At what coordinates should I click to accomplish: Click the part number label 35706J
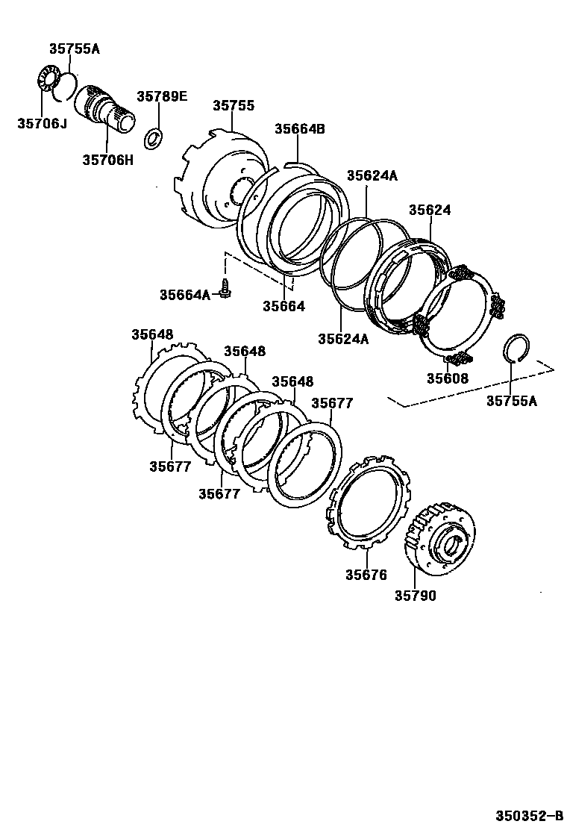click(42, 123)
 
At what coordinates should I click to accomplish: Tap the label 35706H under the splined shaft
click(107, 159)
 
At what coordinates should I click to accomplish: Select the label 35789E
click(162, 96)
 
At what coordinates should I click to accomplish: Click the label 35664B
click(300, 128)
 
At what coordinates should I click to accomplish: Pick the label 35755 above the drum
click(234, 106)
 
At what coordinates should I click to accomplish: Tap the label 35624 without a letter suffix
click(430, 210)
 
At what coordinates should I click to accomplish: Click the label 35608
click(448, 378)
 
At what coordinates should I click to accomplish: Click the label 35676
click(366, 575)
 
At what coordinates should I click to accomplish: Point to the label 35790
click(416, 596)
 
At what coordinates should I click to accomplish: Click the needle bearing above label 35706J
click(48, 84)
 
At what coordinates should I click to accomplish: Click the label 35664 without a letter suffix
click(283, 306)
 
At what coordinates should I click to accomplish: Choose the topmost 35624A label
click(372, 175)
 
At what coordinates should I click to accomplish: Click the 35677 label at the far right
click(332, 404)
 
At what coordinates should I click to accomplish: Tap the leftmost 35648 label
click(152, 334)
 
